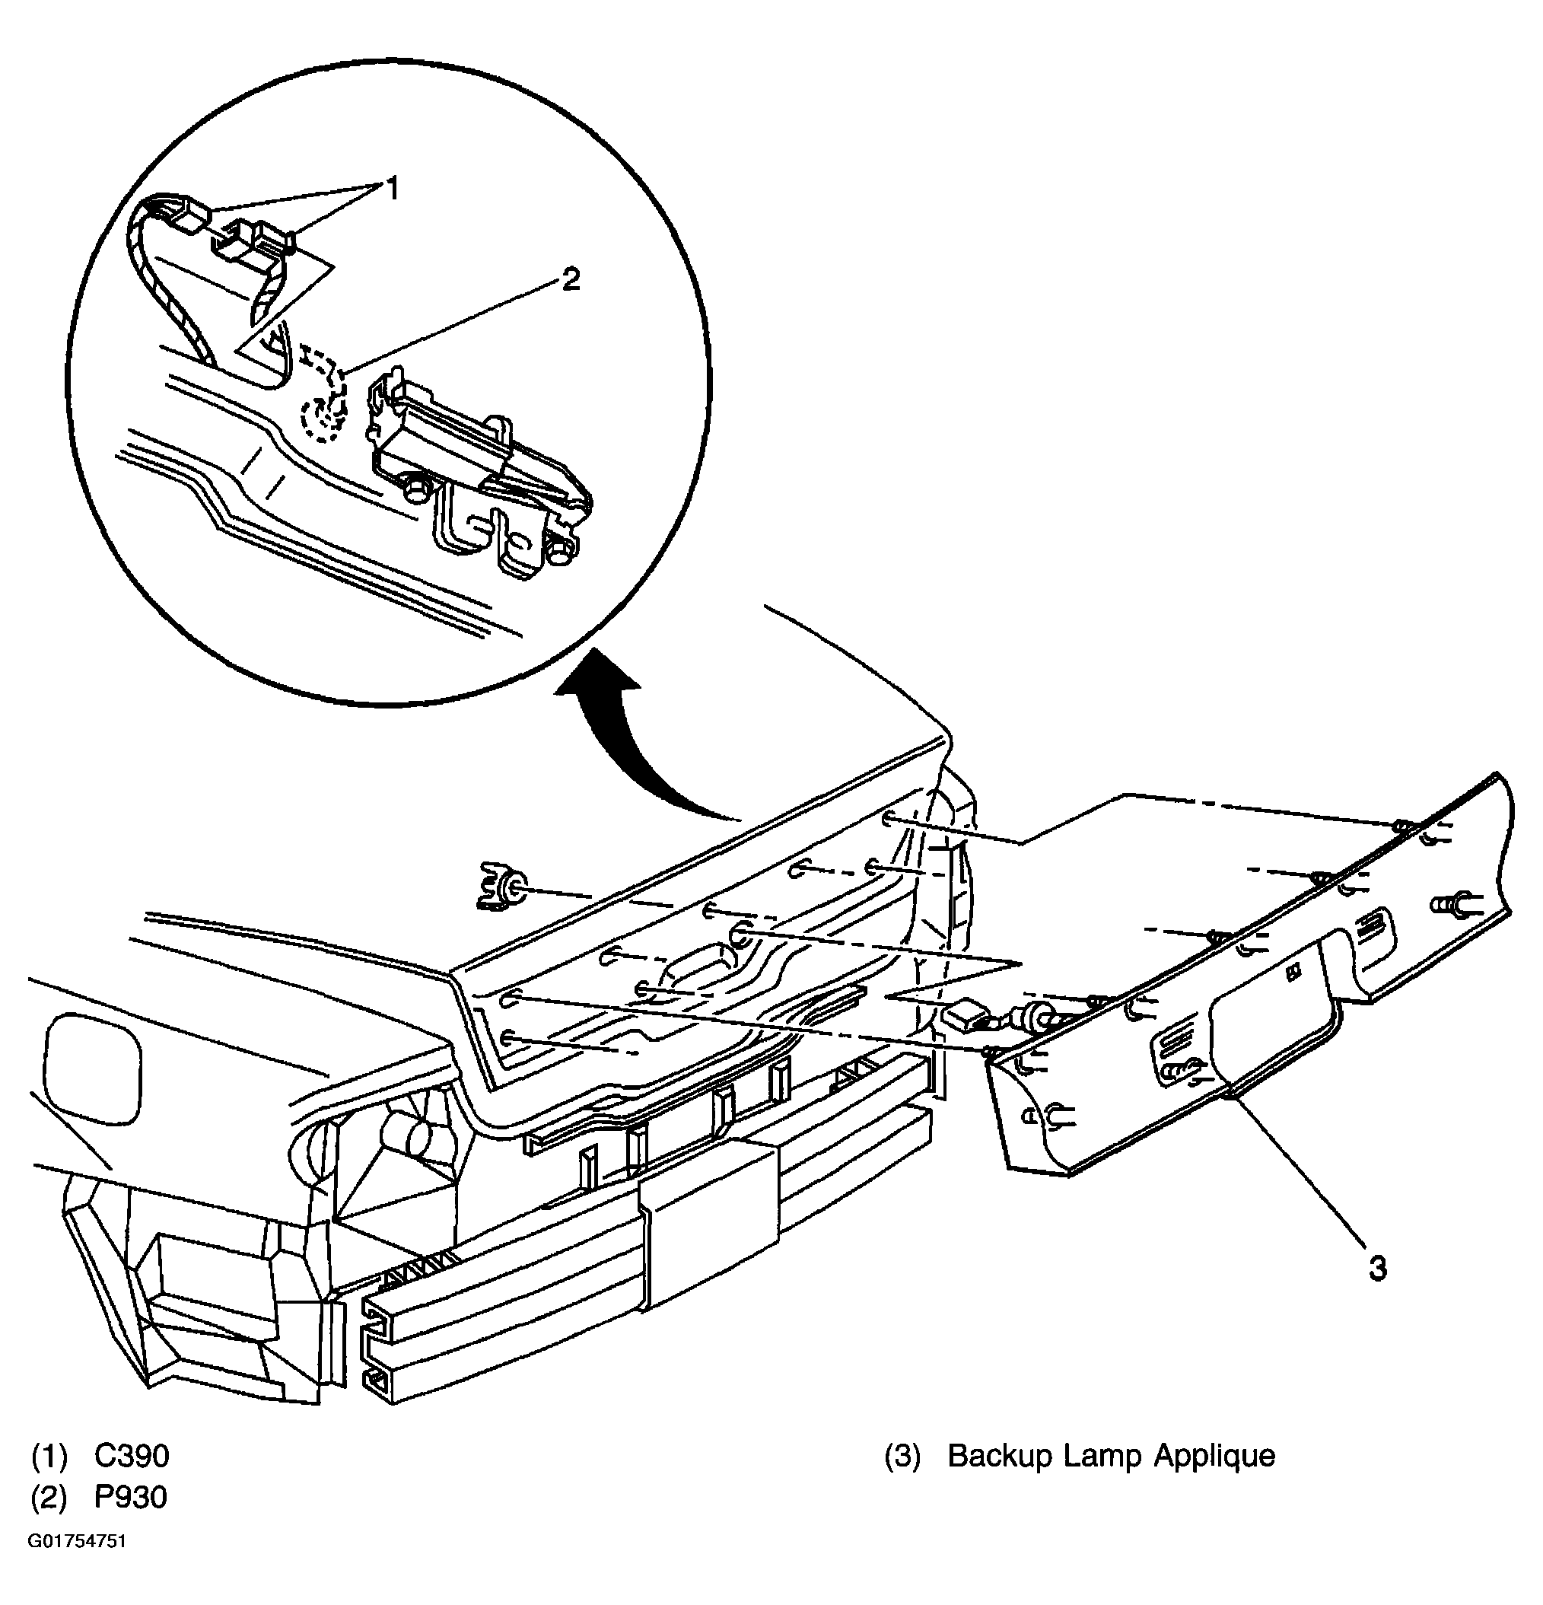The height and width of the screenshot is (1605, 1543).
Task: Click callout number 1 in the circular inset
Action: [x=392, y=189]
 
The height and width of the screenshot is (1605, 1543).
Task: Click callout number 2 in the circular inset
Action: [x=570, y=279]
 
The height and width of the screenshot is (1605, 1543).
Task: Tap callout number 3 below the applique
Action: [x=1378, y=1269]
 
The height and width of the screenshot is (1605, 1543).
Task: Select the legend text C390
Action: [x=132, y=1455]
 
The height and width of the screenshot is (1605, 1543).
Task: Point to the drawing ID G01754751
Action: [x=78, y=1541]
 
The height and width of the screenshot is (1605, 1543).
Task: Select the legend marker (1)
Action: [x=49, y=1456]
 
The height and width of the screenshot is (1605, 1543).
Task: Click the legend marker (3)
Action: [x=902, y=1456]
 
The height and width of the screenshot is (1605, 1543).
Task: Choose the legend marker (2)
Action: [x=49, y=1497]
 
